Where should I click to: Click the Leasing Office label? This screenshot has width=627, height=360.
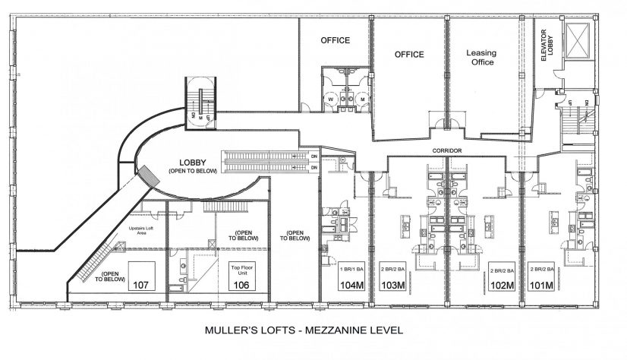[x=481, y=58]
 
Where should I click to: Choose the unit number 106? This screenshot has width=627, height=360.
[x=240, y=286]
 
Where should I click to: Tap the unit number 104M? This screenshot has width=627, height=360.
[x=351, y=286]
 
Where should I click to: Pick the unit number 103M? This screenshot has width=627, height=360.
[x=393, y=286]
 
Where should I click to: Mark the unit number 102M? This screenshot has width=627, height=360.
[x=501, y=286]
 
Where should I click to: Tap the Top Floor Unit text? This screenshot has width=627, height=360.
[x=240, y=270]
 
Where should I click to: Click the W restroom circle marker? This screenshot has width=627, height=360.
[x=332, y=98]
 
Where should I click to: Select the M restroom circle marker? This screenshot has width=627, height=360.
[x=362, y=98]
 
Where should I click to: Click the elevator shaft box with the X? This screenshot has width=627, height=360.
[x=581, y=43]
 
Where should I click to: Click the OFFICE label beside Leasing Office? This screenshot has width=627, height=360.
[x=408, y=55]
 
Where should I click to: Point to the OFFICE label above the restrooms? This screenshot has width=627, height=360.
[x=334, y=39]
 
